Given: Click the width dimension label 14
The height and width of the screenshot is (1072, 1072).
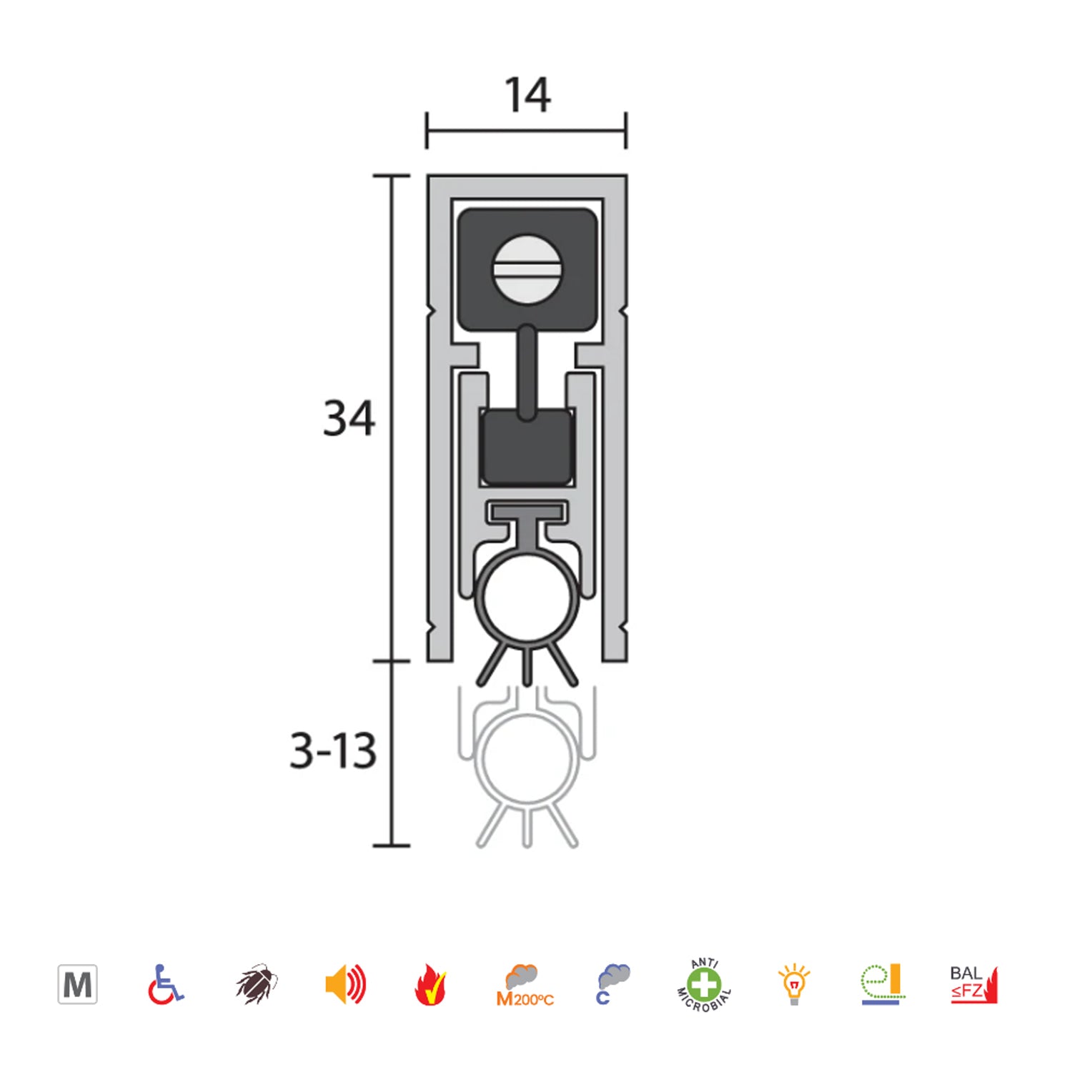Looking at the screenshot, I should pos(527,95).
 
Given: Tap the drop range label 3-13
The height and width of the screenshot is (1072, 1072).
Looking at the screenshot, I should pos(333,750).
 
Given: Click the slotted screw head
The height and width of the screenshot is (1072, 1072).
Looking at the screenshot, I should pos(527,269).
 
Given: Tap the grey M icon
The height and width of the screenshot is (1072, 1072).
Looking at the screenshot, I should pos(77,985).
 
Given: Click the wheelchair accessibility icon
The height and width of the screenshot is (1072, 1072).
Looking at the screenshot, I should pos(166,985).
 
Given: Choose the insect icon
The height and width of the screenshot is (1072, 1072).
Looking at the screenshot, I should pos(256,984).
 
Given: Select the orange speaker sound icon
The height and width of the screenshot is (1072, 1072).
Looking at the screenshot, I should pos(345,984).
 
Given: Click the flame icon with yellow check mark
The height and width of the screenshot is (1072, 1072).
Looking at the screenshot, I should pos(431,985).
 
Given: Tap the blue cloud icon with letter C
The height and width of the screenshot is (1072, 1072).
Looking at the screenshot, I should pos(612,984).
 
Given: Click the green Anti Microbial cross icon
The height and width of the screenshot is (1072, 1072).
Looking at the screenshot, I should pos(704,985).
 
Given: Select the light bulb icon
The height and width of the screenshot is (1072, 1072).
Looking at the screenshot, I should pos(793,984).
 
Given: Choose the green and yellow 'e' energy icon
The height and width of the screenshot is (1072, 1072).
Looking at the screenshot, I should pos(882,984).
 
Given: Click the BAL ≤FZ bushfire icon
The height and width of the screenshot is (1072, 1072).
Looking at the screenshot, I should pos(973,984).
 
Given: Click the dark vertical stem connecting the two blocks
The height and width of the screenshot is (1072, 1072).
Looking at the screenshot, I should pos(527,372).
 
